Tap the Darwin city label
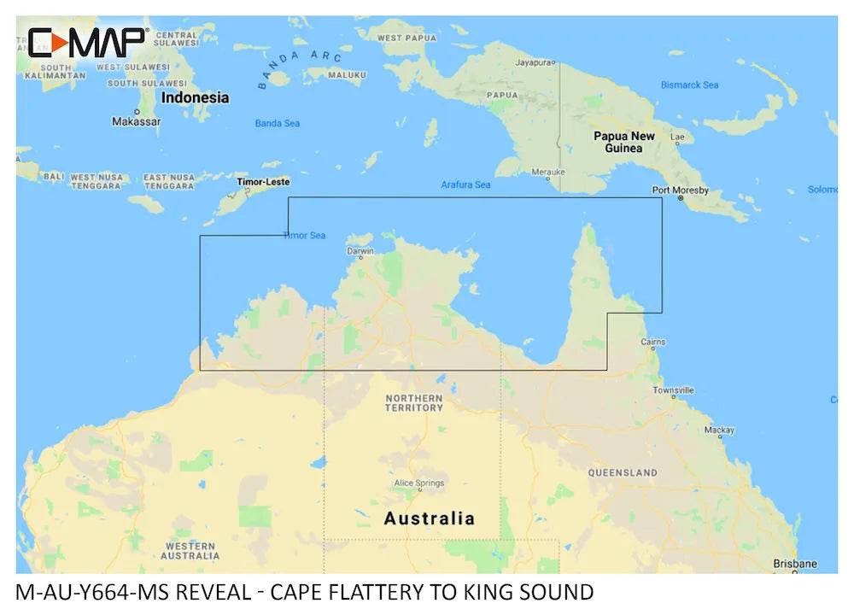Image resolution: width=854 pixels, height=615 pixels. (360, 251)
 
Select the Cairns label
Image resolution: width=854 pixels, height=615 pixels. (652, 343)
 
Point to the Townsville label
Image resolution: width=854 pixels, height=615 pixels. (675, 389)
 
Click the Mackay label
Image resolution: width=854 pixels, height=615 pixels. (719, 430)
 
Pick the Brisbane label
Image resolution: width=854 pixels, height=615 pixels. (794, 563)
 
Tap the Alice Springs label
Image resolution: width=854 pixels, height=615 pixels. (418, 483)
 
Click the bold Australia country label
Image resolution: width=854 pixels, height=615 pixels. (429, 518)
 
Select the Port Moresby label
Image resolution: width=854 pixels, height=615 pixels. (680, 190)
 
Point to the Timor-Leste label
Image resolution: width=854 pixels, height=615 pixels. (263, 182)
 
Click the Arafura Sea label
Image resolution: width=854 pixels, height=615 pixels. (465, 184)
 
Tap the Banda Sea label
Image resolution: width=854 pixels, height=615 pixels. (278, 124)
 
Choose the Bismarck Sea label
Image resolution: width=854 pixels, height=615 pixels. (689, 85)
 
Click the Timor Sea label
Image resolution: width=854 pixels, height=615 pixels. (304, 236)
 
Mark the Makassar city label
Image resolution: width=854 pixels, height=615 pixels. (136, 121)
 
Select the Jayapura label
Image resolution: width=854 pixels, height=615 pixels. (535, 62)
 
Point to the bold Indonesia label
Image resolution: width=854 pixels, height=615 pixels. (195, 97)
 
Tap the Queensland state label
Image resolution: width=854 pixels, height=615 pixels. (622, 472)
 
